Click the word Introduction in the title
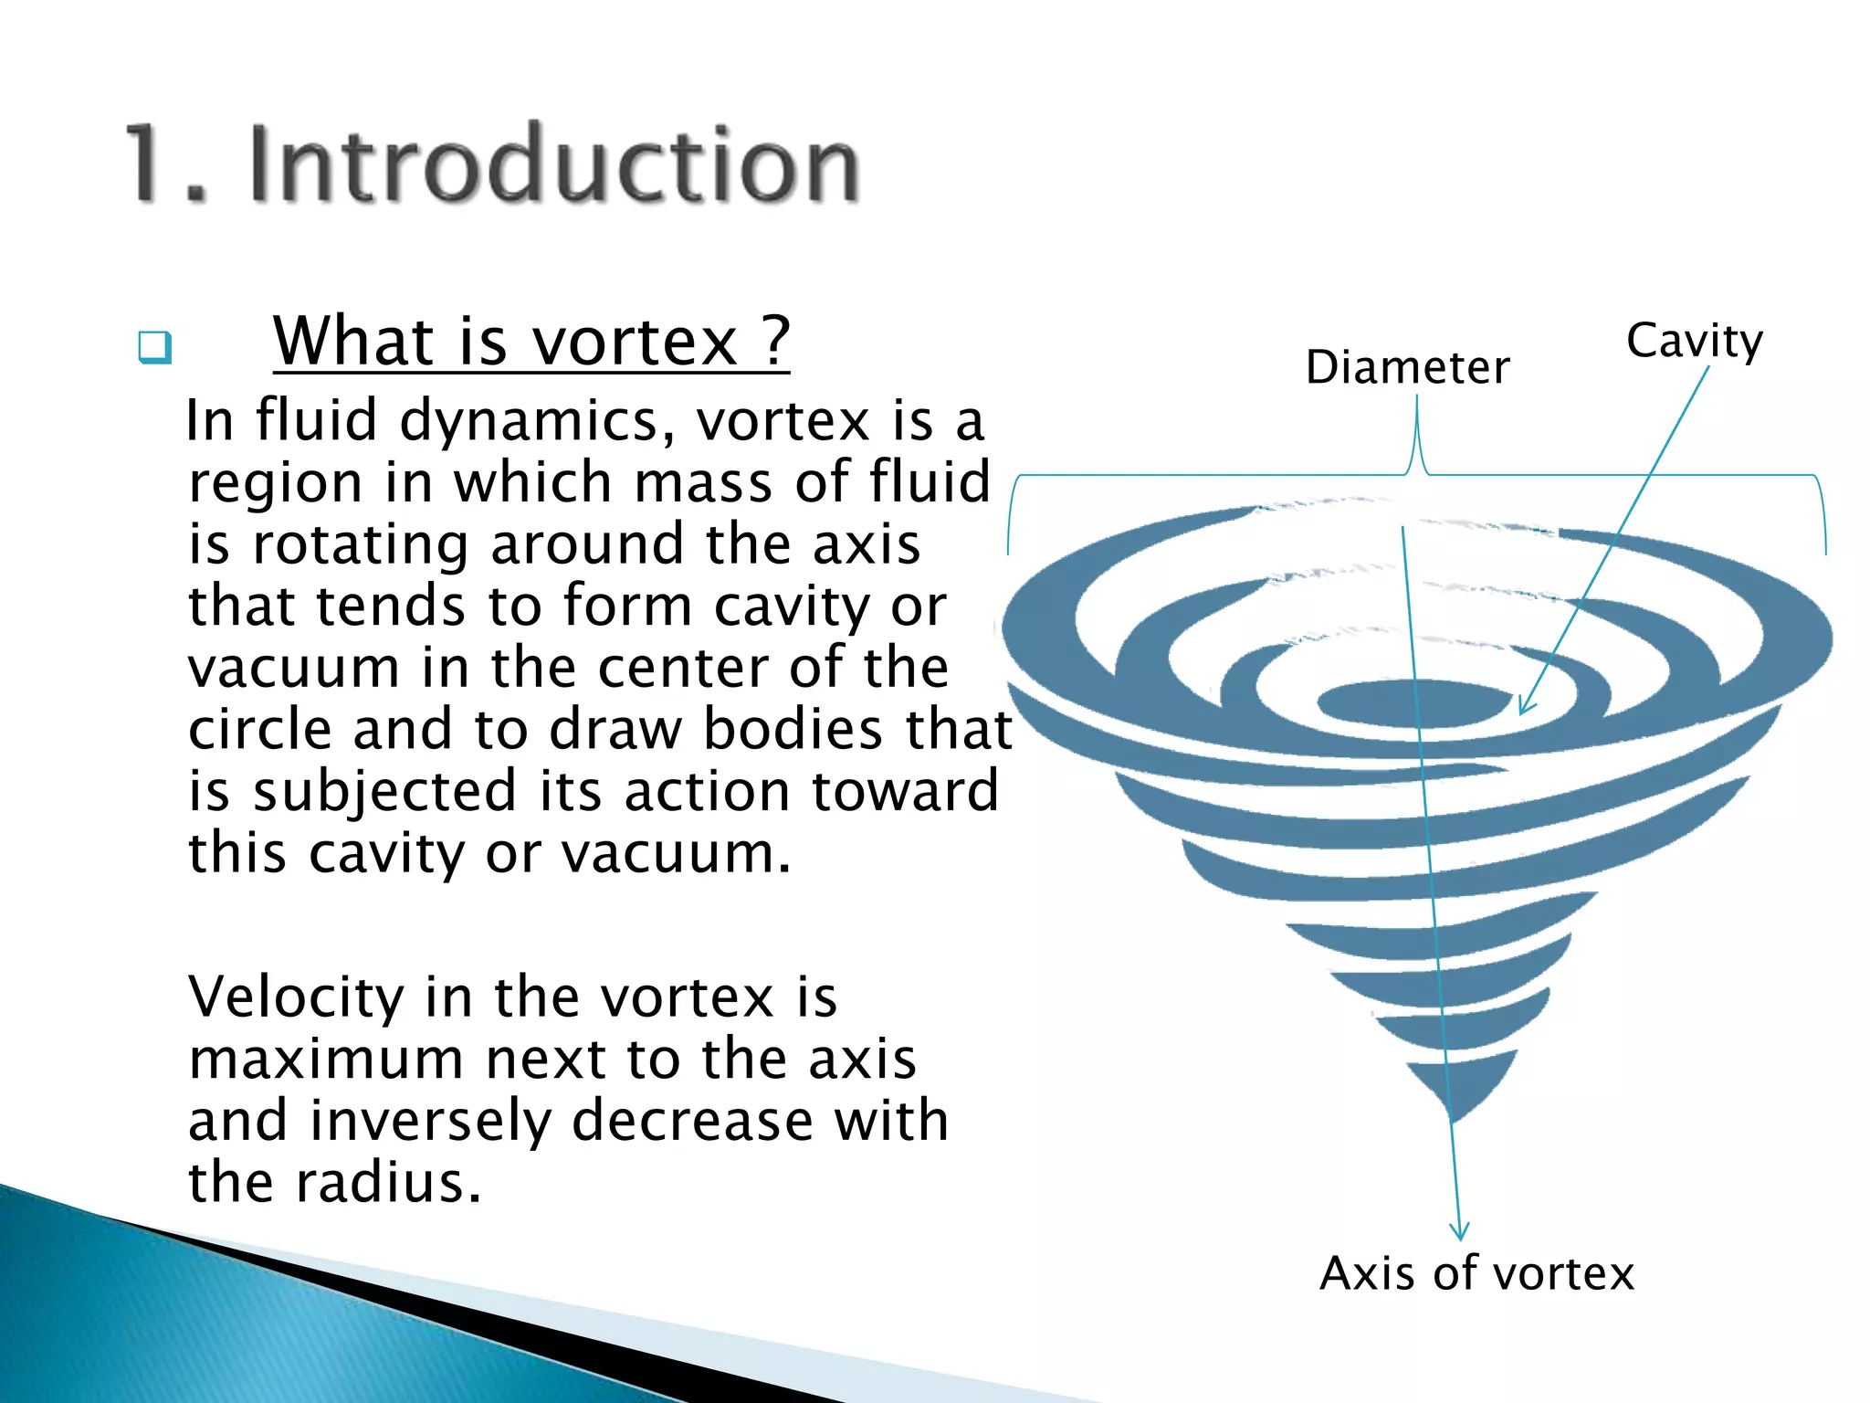click(553, 164)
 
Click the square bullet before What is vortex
click(154, 348)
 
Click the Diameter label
click(1407, 367)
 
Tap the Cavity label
click(1694, 342)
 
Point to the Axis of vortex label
click(1476, 1272)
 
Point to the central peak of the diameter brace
click(1416, 402)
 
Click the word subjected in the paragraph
click(383, 791)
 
